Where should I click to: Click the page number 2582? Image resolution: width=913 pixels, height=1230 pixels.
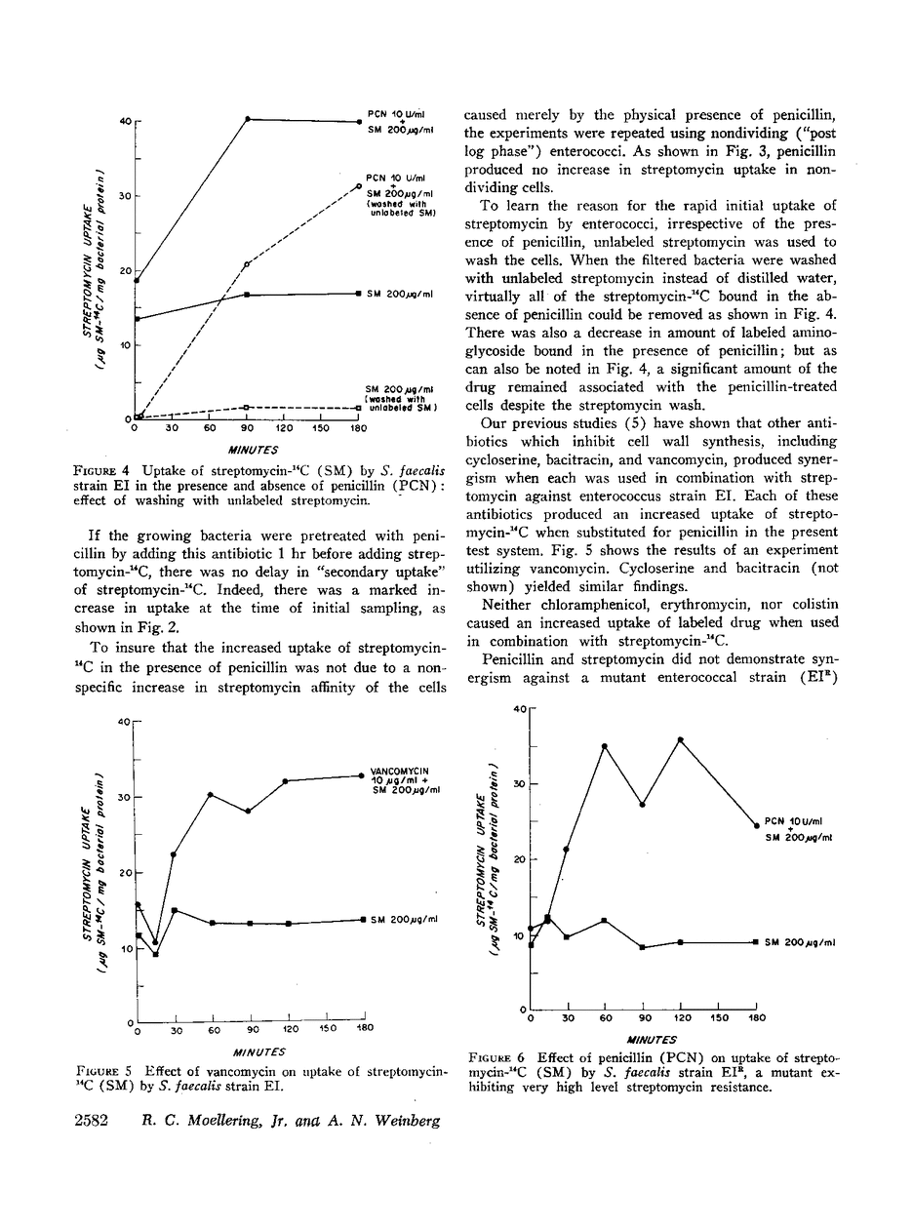[x=97, y=1120]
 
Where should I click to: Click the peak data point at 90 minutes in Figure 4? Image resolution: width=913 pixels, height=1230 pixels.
[x=248, y=119]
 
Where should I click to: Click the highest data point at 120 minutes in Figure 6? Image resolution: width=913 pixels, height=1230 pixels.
[x=680, y=739]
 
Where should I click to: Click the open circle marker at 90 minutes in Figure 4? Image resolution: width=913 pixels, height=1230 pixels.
[x=247, y=263]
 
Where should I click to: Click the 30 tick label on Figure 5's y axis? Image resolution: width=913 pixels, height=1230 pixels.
[x=124, y=798]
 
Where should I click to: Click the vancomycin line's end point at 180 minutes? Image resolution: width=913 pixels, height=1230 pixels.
[x=362, y=775]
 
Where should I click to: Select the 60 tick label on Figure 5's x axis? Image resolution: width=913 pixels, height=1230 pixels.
[x=213, y=1030]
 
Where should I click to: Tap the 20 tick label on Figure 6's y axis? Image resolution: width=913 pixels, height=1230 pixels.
[x=520, y=859]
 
